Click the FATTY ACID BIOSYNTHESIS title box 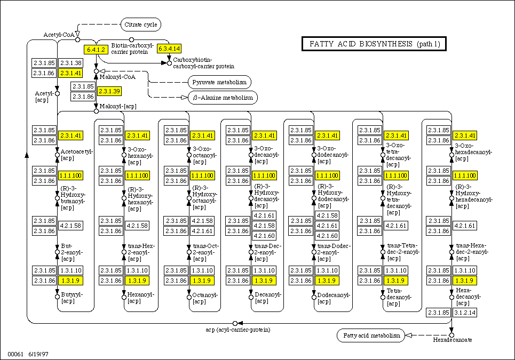point(374,44)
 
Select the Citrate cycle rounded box point(140,25)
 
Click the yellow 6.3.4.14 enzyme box point(169,49)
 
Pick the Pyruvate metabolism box point(219,82)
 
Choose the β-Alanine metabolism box point(223,98)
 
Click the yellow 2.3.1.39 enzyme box point(109,91)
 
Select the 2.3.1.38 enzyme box point(71,63)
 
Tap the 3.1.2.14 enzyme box point(464,312)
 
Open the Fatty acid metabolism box point(371,335)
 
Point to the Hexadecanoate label point(452,340)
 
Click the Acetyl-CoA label point(58,35)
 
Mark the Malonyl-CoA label point(117,77)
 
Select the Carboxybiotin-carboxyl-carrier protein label point(203,63)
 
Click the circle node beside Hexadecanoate point(451,335)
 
